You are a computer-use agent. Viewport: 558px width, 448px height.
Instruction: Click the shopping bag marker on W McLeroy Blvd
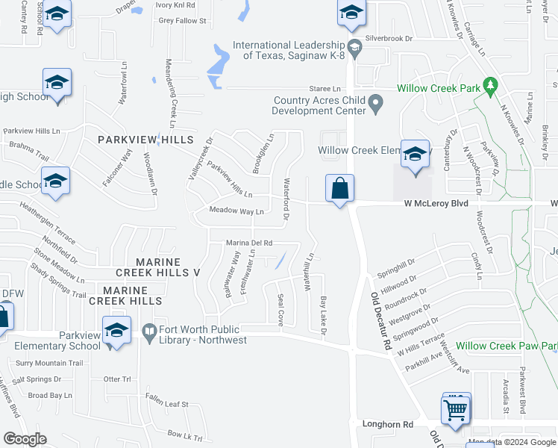click(x=339, y=189)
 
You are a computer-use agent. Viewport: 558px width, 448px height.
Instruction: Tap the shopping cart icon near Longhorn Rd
click(x=457, y=408)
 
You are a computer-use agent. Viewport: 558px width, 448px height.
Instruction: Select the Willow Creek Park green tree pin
click(x=490, y=87)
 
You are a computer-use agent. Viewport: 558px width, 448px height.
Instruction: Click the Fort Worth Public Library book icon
click(x=148, y=330)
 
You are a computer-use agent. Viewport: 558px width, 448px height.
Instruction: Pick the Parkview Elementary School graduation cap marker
click(x=117, y=331)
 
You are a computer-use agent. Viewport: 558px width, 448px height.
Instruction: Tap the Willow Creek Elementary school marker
click(x=416, y=155)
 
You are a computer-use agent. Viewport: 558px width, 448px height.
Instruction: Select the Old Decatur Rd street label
click(x=381, y=321)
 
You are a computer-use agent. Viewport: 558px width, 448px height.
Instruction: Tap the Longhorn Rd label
click(x=388, y=424)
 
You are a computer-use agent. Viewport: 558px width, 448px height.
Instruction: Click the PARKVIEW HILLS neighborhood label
click(x=145, y=140)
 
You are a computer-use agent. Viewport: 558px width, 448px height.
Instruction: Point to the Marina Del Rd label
click(x=250, y=243)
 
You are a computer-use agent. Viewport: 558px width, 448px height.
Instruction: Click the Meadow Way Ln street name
click(x=236, y=211)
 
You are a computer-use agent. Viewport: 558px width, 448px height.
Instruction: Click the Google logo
click(x=25, y=439)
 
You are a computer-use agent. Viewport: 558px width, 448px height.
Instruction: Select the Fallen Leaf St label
click(x=167, y=403)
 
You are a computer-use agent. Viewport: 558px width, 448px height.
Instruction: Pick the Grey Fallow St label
click(x=181, y=21)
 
